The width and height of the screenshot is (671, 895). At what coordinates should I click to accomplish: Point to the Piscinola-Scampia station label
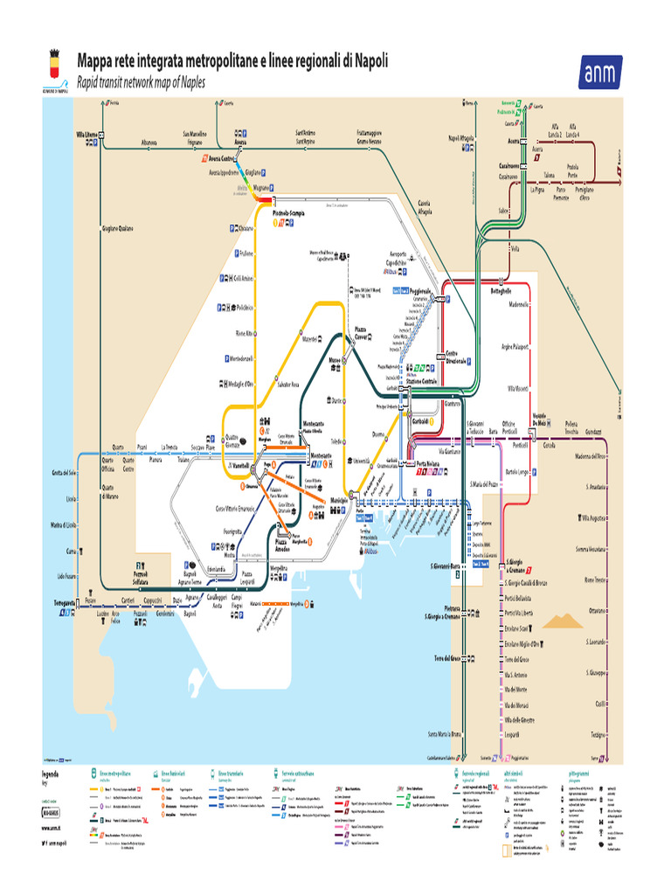293,213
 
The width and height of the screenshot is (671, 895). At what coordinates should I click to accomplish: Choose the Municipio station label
338,500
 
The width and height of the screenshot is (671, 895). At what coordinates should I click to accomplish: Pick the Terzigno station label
598,733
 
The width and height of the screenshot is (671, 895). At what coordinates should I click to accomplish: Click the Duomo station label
378,434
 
